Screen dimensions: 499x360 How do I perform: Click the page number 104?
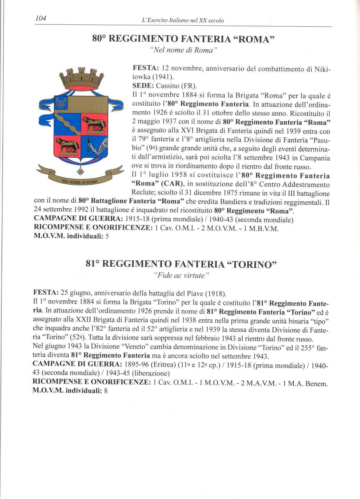point(41,19)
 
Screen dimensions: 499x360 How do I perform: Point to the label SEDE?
point(141,86)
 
